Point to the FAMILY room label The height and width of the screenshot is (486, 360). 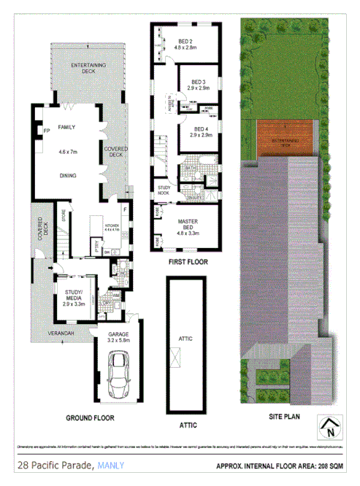(67, 127)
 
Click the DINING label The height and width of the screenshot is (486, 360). (67, 176)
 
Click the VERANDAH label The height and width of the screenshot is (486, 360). (61, 333)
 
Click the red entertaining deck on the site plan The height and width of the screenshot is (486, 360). (286, 139)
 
